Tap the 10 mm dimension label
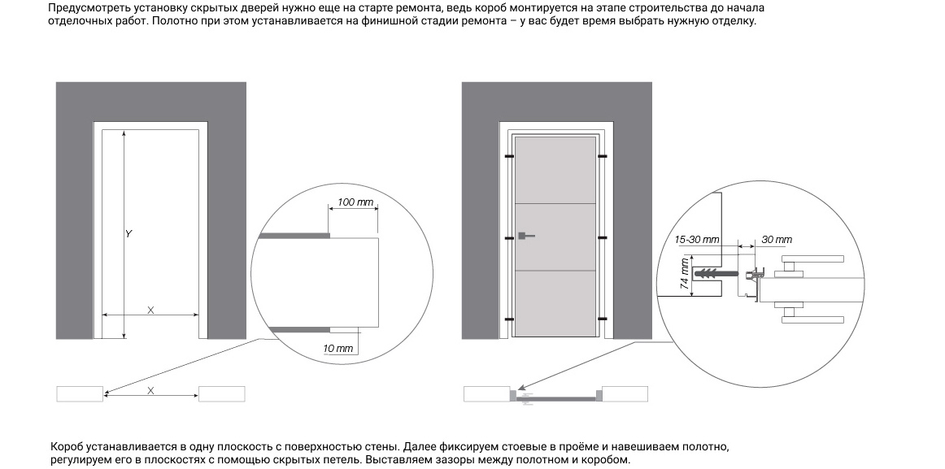click(339, 349)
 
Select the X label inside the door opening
click(150, 310)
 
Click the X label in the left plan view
click(150, 390)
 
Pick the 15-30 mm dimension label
click(698, 240)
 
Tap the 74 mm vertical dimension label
click(685, 275)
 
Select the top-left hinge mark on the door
click(508, 155)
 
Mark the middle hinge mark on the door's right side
click(603, 237)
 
